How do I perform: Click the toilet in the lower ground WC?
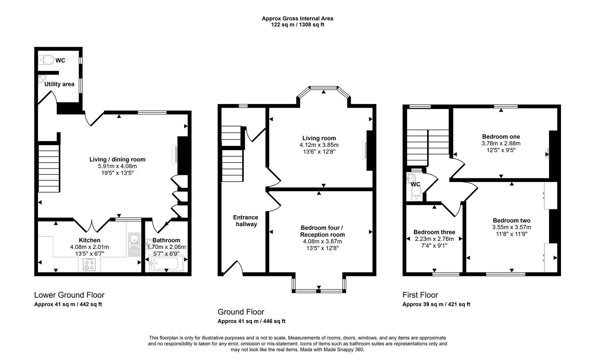46,60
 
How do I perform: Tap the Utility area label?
59,84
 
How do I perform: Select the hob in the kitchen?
89,265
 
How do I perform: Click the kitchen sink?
134,244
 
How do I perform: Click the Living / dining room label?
117,159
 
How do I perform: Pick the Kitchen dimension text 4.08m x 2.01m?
89,247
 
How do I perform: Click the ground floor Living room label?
319,138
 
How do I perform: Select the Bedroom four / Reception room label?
322,231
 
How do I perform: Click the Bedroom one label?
501,137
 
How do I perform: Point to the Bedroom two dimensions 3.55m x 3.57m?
511,227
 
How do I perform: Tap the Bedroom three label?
434,232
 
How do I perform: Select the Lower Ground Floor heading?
69,295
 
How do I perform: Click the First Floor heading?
420,295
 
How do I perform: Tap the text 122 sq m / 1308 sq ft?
297,25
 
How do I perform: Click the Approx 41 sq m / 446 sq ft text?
251,321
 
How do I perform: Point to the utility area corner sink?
41,79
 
